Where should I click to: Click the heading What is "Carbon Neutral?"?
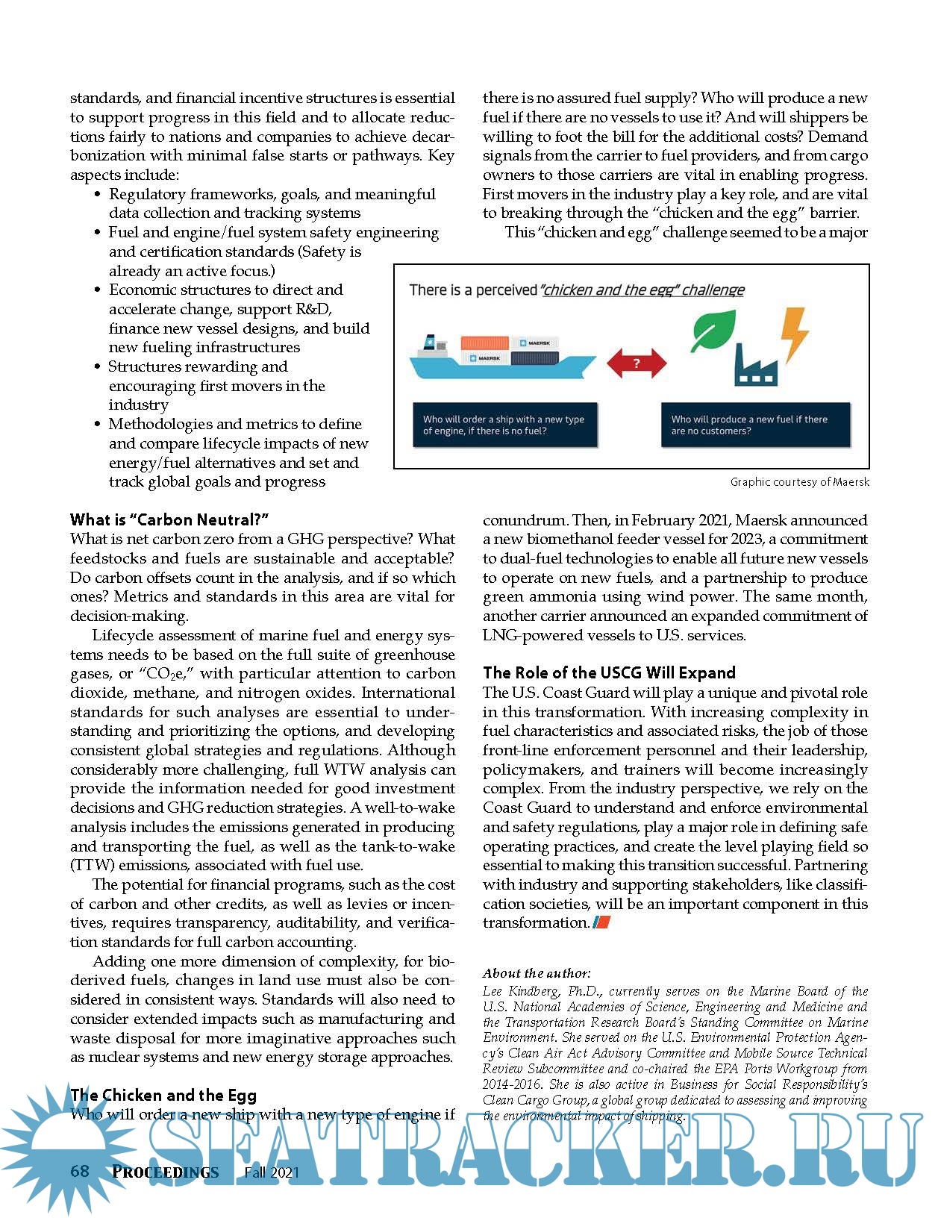click(x=169, y=519)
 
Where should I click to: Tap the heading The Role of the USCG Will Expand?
click(x=609, y=672)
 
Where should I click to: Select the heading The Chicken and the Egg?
click(x=163, y=1095)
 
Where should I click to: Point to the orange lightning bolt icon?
click(x=794, y=334)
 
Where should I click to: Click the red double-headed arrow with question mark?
click(x=636, y=363)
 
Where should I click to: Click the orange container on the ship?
click(x=484, y=343)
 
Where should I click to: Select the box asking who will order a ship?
click(x=505, y=425)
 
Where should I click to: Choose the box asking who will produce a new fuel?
click(x=754, y=425)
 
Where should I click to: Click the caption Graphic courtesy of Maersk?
click(x=799, y=482)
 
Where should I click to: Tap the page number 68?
click(x=80, y=1171)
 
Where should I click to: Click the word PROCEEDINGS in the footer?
click(x=166, y=1172)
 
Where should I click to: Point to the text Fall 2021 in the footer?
click(x=272, y=1172)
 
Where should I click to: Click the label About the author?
click(x=537, y=973)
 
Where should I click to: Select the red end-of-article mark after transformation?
click(x=601, y=923)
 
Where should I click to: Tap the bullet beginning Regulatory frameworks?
click(x=272, y=204)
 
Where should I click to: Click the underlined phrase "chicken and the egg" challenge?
click(x=642, y=290)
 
